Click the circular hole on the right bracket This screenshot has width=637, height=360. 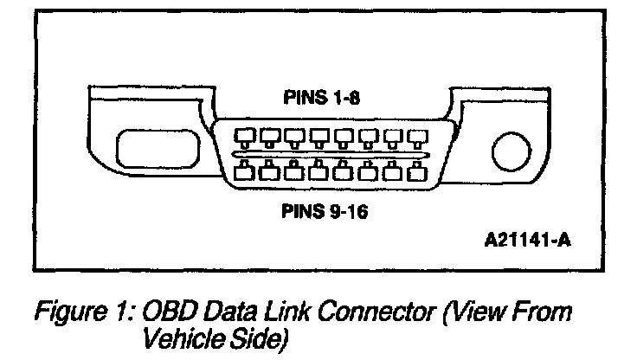(509, 152)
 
